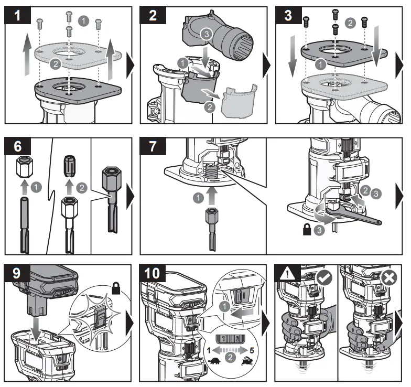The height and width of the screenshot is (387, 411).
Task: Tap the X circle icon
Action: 388,277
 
